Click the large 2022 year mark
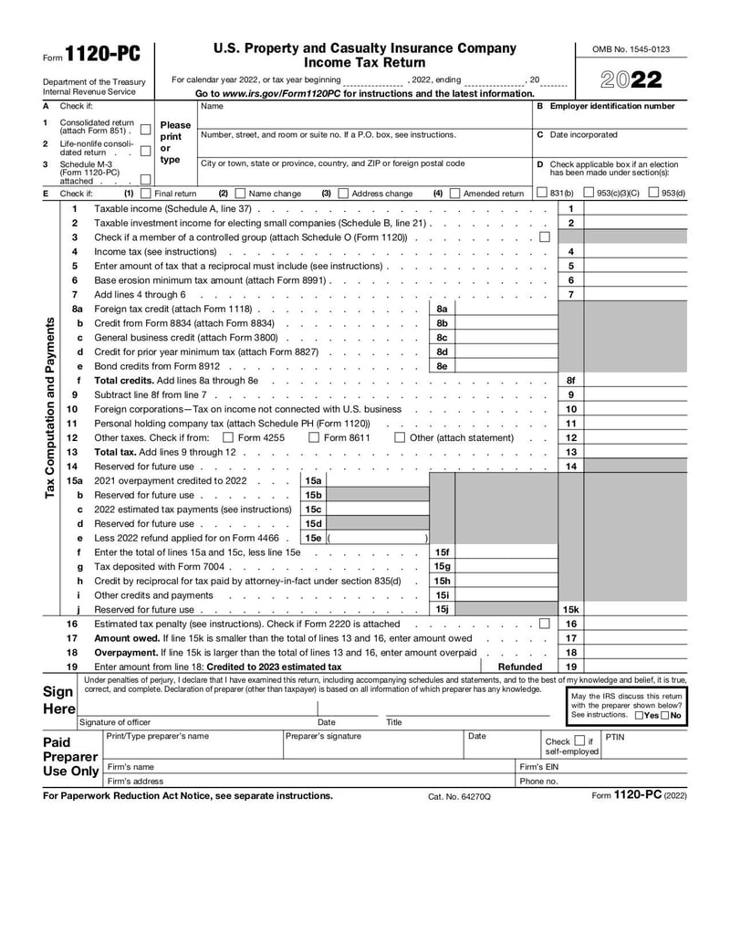pos(631,80)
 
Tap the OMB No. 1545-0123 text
pos(631,49)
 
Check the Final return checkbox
pos(145,194)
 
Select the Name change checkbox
pos(240,194)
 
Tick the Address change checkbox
pos(343,194)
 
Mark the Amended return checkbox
pos(454,194)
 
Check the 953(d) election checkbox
pos(653,193)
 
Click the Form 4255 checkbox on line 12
pos(228,437)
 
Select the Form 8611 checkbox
pos(314,437)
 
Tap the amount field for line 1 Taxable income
pos(635,208)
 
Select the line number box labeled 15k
pos(570,609)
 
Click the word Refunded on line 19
pos(520,667)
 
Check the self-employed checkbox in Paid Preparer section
pos(579,741)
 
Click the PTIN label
pos(615,737)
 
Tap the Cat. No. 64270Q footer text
pos(459,796)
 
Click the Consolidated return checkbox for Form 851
pos(146,129)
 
